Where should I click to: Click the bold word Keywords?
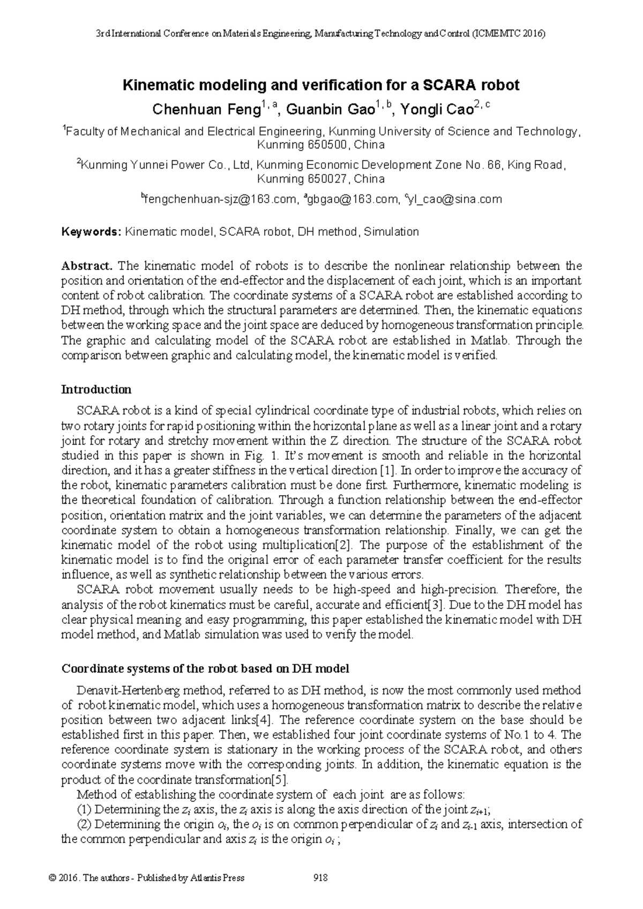pos(92,232)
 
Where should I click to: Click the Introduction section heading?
pos(96,389)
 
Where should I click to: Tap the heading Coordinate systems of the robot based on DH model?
pos(205,668)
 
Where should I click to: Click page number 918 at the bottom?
pos(320,877)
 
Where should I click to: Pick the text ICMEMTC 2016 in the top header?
pos(509,34)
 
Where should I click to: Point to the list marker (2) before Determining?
pos(85,824)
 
